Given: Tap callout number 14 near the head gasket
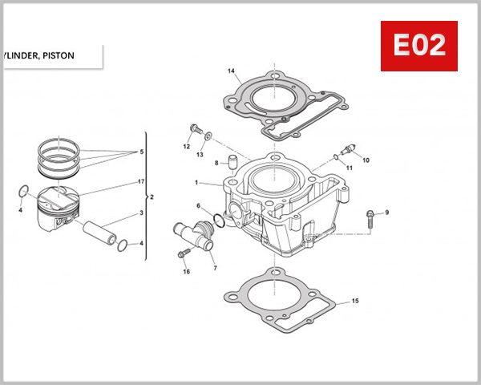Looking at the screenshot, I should tap(231, 71).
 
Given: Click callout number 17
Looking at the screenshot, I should tap(141, 182).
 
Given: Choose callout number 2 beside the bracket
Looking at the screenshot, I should tap(152, 197).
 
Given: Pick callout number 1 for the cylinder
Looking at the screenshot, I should tap(196, 183).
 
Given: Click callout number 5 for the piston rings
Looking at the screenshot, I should tap(141, 152).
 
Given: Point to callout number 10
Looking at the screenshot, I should tap(366, 160).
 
